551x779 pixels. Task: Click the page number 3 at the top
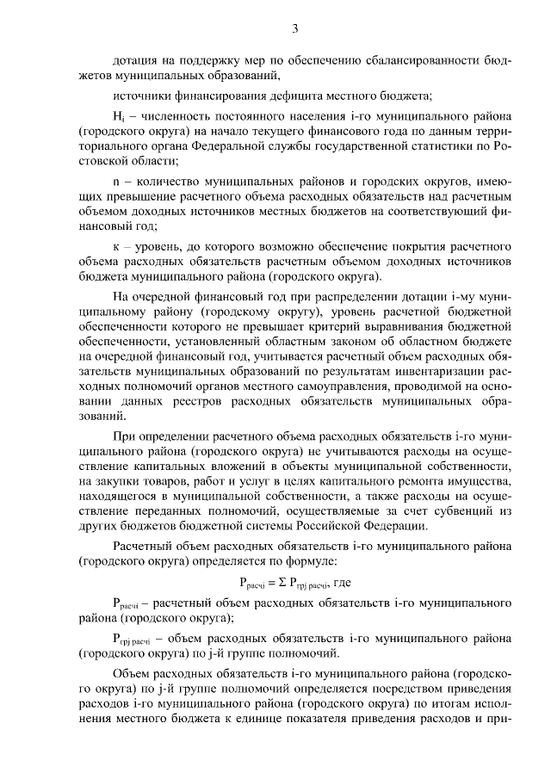click(x=294, y=28)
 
